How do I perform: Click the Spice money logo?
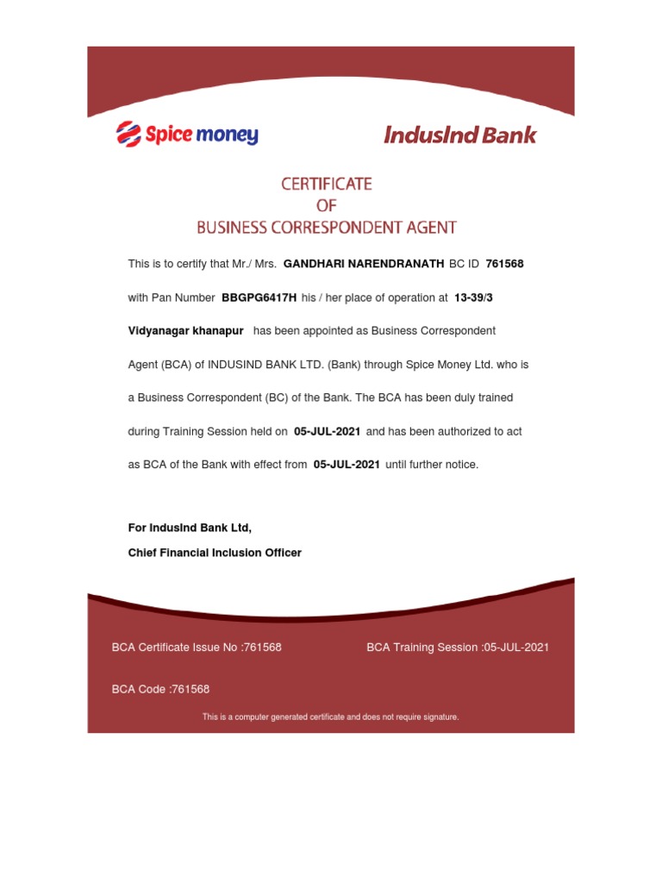tap(187, 135)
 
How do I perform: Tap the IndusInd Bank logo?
tap(459, 135)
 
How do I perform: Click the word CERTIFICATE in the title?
tap(326, 184)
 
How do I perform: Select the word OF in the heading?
tap(326, 206)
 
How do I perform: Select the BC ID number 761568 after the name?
tap(504, 264)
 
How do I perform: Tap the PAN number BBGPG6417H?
tap(259, 297)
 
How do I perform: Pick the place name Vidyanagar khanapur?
tap(185, 331)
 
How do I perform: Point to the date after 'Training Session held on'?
tap(327, 431)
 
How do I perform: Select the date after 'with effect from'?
tap(347, 465)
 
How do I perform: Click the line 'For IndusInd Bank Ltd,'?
tap(190, 528)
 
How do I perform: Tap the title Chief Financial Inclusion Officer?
tap(215, 553)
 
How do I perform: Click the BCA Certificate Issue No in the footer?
tap(197, 648)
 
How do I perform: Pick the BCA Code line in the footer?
tap(160, 689)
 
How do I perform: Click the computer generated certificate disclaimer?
tap(330, 717)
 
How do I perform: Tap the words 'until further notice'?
tap(432, 465)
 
